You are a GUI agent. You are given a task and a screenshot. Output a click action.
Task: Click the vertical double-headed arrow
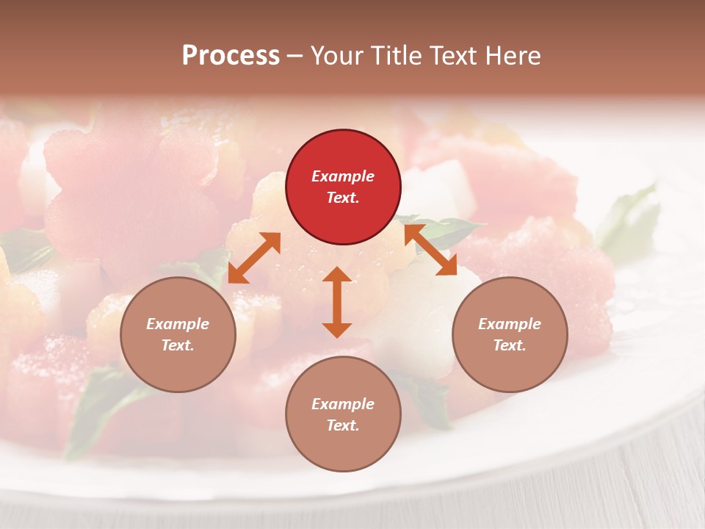337,302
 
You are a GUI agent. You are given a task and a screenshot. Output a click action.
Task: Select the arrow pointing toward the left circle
254,257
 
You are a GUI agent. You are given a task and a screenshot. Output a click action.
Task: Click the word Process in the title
231,55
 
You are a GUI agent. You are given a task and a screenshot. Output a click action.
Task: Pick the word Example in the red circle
343,176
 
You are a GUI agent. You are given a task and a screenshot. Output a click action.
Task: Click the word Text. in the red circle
343,198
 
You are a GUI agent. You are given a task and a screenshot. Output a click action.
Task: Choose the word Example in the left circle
178,324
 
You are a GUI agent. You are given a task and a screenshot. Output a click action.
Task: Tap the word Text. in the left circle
178,345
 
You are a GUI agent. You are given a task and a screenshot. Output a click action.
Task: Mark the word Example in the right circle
510,324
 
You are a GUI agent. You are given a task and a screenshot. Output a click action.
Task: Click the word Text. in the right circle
510,345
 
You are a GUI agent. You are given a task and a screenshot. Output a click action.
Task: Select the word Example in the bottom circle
343,404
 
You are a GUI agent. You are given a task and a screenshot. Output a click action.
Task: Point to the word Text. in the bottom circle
343,425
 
